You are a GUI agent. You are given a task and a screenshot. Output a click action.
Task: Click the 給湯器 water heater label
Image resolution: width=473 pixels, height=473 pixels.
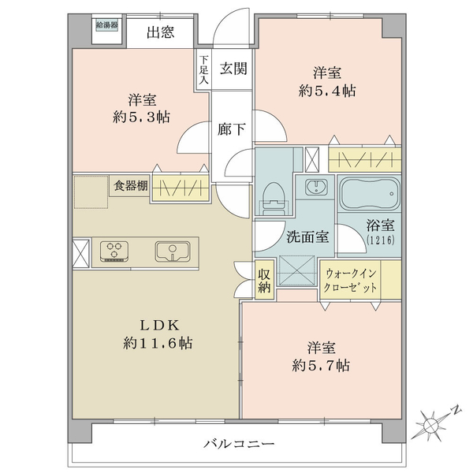[x=106, y=25]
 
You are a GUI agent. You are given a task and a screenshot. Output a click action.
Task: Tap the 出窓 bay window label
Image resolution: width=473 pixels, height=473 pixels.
[x=161, y=32]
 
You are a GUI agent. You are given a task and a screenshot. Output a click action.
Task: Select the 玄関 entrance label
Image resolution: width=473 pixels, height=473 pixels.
[x=233, y=69]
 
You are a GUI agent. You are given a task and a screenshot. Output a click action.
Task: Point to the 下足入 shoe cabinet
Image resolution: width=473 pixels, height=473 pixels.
[x=203, y=69]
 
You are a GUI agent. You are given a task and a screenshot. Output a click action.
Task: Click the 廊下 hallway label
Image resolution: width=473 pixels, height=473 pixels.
[x=231, y=129]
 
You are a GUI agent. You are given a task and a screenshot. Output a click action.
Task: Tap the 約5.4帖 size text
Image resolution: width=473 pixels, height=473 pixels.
[x=327, y=91]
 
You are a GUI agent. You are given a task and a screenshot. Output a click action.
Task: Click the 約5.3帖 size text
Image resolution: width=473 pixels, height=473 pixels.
[x=141, y=117]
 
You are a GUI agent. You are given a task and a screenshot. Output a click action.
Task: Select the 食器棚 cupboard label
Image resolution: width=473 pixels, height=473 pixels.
[x=131, y=185]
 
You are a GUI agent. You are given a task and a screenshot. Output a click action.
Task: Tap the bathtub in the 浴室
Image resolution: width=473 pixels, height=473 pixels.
[x=369, y=194]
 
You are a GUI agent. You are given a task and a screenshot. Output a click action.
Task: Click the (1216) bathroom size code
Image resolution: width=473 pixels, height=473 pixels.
[x=381, y=240]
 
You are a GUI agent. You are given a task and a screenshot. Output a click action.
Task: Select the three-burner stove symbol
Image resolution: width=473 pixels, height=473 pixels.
[x=114, y=251]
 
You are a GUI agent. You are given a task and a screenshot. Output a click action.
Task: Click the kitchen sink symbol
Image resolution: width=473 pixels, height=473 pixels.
[x=173, y=251]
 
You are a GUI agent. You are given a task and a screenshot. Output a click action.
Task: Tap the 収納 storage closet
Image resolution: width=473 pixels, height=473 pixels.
[x=264, y=280]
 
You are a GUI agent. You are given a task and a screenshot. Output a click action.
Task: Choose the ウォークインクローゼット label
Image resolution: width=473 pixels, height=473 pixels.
[x=350, y=281]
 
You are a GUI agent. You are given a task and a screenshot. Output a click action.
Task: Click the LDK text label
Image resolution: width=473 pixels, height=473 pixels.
[x=159, y=325]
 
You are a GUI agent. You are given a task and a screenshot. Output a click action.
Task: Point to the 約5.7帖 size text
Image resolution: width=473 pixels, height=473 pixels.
[x=321, y=366]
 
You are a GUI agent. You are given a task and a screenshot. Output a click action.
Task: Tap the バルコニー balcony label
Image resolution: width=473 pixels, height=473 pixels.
[x=239, y=443]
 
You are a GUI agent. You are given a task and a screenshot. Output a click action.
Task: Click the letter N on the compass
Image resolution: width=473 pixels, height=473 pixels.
[x=456, y=410]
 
